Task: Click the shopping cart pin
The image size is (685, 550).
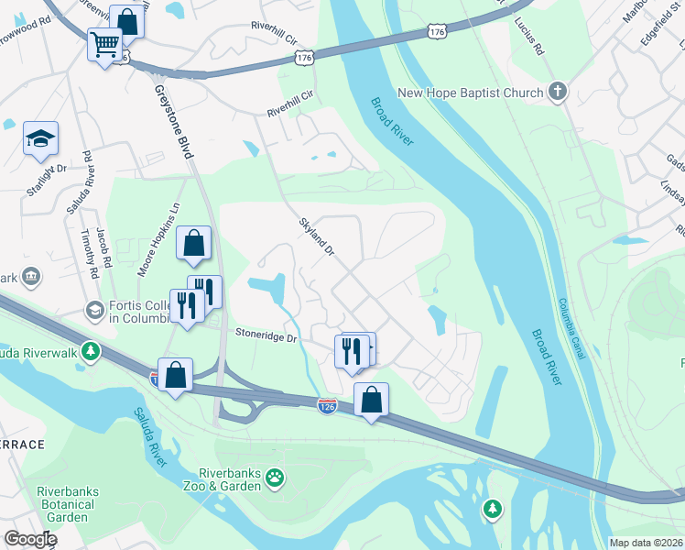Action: point(105,43)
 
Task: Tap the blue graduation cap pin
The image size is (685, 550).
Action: point(40,138)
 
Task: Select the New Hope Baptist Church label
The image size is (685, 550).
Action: point(471,93)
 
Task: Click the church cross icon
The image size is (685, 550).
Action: point(557,92)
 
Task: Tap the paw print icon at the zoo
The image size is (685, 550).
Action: point(275,477)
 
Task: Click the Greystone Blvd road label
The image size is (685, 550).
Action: point(172,128)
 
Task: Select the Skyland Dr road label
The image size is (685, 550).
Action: point(318,236)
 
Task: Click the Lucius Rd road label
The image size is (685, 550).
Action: point(529,36)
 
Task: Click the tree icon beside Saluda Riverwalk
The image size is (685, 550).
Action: point(91,351)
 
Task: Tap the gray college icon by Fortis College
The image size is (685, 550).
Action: point(94,311)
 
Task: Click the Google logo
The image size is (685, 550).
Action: point(30,539)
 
